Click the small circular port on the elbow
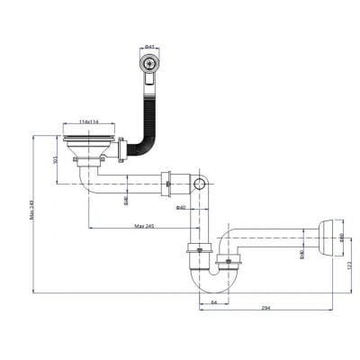pyautogui.click(x=198, y=184)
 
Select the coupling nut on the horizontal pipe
pyautogui.click(x=168, y=184)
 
